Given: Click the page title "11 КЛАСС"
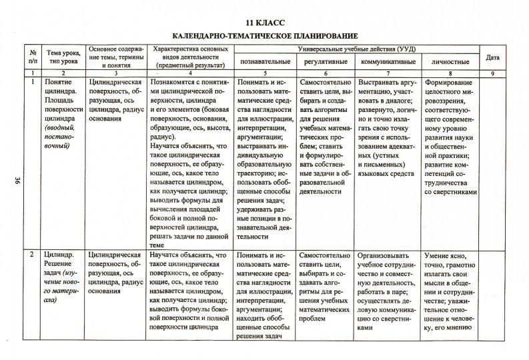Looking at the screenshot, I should pyautogui.click(x=264, y=21).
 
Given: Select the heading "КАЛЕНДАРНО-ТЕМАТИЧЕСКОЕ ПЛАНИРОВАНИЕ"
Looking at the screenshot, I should pyautogui.click(x=265, y=35).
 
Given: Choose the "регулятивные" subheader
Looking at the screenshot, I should pyautogui.click(x=325, y=62).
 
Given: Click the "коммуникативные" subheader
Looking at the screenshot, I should pyautogui.click(x=388, y=62).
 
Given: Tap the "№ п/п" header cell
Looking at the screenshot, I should pyautogui.click(x=32, y=57).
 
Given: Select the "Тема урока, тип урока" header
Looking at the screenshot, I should pyautogui.click(x=63, y=57).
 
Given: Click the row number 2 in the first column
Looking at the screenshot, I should pyautogui.click(x=32, y=255).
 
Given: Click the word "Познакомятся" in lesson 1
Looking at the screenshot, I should pyautogui.click(x=175, y=81).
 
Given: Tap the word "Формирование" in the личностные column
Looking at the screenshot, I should pyautogui.click(x=450, y=81).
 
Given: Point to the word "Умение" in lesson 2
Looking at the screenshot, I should pyautogui.click(x=439, y=255).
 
